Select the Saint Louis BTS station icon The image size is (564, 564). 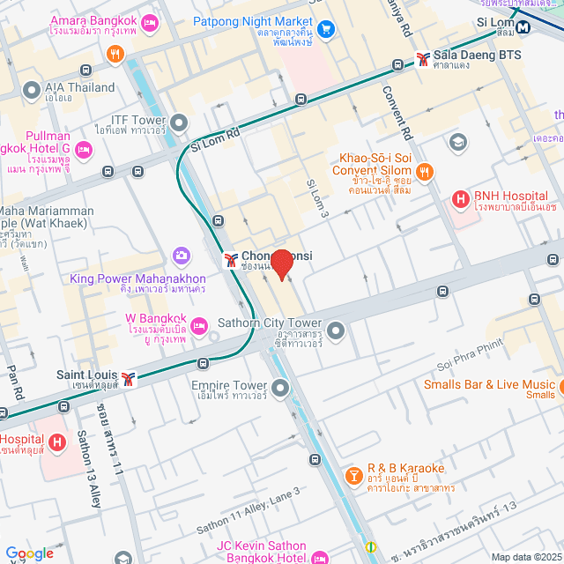point(130,378)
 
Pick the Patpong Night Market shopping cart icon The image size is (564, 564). point(326,29)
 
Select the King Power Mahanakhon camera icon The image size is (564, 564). point(182,256)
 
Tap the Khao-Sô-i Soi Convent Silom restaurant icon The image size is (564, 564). point(425,173)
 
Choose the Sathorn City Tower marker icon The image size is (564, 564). point(336,330)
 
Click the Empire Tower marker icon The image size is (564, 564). point(280,387)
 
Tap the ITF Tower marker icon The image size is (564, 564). point(180,122)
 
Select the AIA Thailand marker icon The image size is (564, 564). point(31,90)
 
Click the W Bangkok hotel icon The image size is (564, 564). point(201,323)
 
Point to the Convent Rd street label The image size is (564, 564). point(397,112)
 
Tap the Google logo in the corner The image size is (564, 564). point(29,553)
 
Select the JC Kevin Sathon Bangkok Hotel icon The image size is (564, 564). point(319,558)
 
